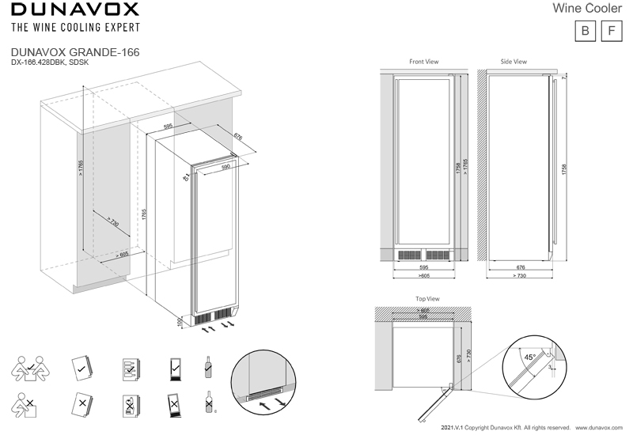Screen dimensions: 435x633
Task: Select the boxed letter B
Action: click(585, 31)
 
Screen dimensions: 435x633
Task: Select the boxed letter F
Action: click(612, 31)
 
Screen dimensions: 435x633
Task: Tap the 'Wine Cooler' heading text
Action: click(590, 9)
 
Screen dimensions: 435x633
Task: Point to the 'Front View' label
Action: click(423, 61)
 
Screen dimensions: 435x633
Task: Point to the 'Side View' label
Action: click(514, 61)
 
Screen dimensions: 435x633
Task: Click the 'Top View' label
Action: click(427, 299)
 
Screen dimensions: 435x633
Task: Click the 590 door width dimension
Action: click(226, 168)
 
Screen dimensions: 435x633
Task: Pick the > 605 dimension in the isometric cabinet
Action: click(122, 254)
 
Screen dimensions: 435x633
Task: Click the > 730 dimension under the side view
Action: click(519, 276)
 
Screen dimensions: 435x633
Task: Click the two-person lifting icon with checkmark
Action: click(29, 367)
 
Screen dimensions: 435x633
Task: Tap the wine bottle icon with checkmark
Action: click(209, 366)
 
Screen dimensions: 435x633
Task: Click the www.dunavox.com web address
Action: click(601, 426)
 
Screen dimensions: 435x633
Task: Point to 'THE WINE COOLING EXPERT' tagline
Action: click(74, 27)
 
